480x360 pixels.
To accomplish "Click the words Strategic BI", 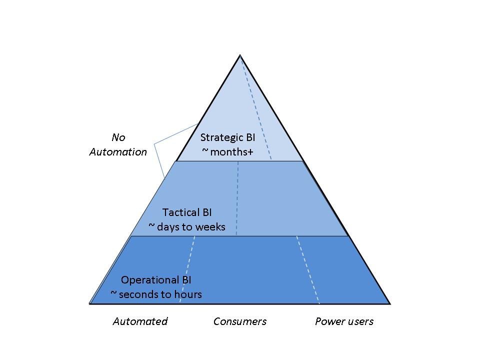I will [227, 137].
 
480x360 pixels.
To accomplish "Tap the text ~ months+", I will [227, 152].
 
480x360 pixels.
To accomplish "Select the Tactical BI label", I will [187, 212].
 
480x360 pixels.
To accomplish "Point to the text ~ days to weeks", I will [187, 227].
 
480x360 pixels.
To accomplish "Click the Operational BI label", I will [156, 280].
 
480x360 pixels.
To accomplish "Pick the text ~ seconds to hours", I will [156, 294].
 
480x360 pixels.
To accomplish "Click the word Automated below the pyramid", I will [140, 321].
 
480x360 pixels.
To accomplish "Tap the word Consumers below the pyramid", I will [240, 321].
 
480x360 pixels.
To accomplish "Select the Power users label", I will [344, 321].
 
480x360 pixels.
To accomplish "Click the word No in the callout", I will [118, 137].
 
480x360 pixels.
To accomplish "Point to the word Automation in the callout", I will [118, 152].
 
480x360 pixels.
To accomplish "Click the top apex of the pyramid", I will [240, 54].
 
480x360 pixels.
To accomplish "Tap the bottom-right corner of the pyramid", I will [389, 303].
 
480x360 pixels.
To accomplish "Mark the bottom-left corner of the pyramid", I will [90, 303].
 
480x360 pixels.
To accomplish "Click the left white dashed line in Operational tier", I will [187, 270].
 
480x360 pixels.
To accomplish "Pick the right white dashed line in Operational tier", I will [308, 270].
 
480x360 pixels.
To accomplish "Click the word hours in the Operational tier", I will [188, 294].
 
